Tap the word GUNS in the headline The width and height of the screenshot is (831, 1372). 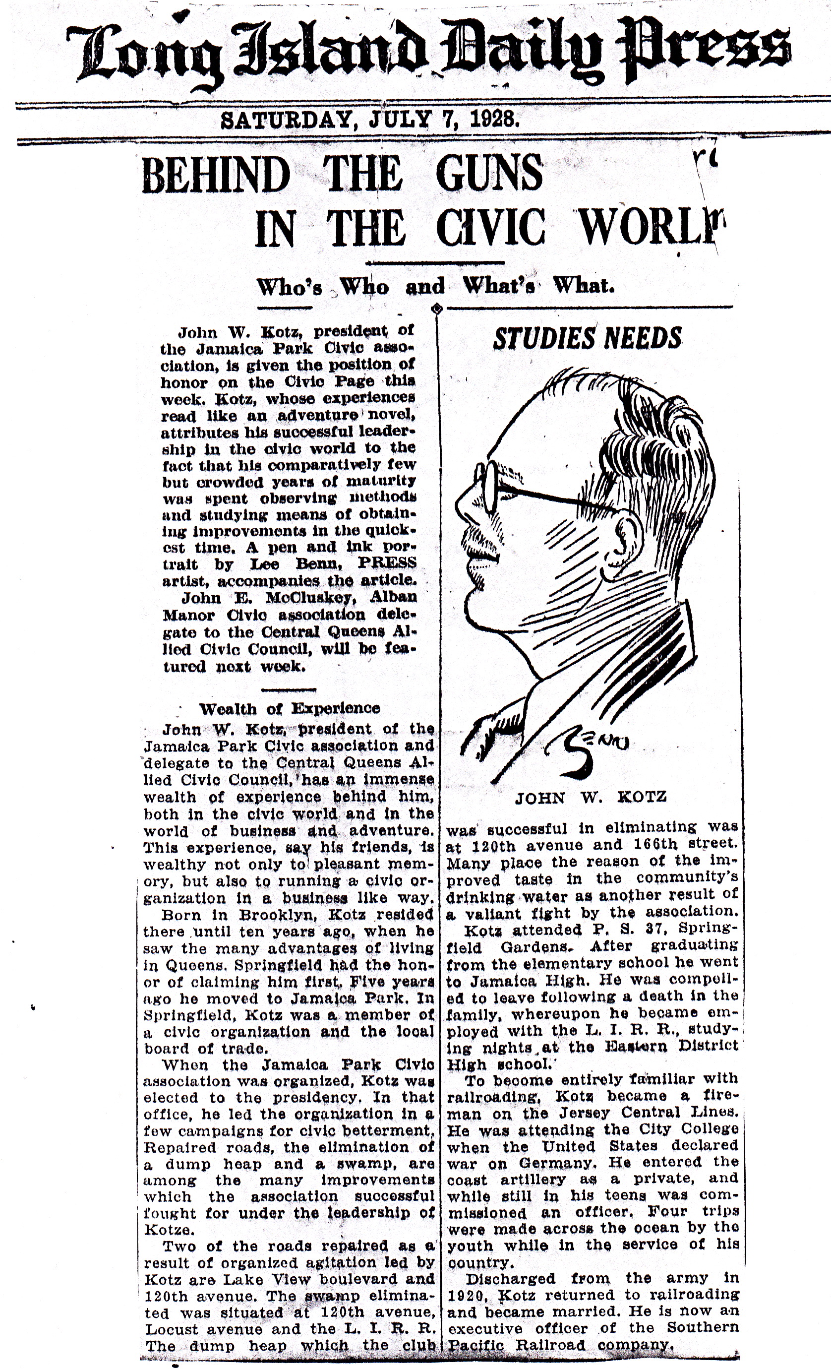click(489, 174)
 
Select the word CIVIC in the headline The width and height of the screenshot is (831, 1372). click(490, 228)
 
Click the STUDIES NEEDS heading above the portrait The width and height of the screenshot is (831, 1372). click(587, 338)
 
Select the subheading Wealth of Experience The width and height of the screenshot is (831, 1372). click(290, 708)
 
